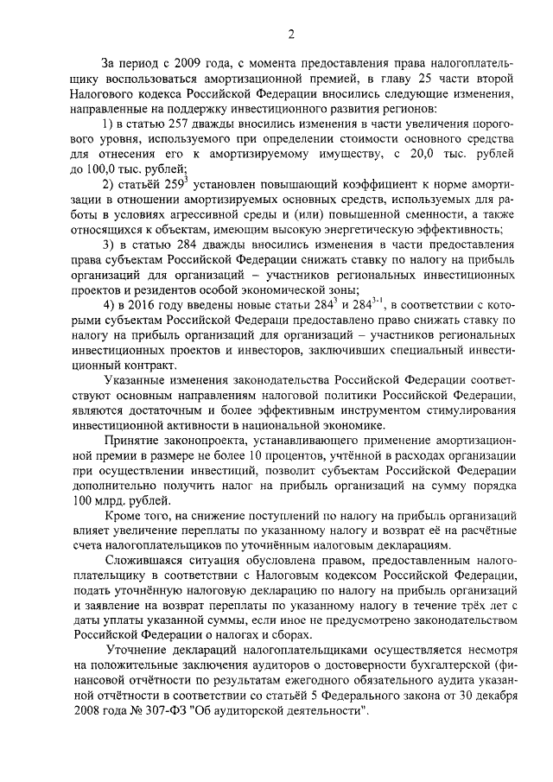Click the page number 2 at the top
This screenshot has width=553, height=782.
pos(291,35)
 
